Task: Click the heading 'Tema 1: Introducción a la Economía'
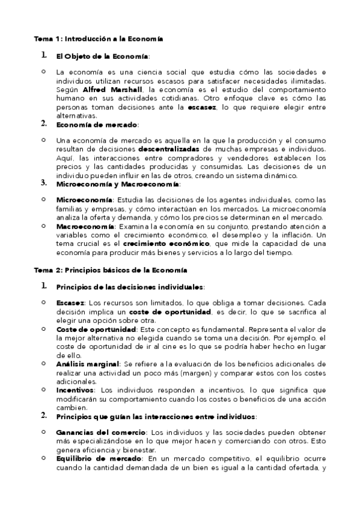(99, 38)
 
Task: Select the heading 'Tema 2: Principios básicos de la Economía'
(110, 270)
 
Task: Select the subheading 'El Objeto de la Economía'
(102, 56)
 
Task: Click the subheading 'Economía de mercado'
(96, 124)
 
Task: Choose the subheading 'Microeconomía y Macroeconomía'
(117, 184)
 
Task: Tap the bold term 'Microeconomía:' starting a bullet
(84, 200)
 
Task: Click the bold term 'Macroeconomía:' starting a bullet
(85, 226)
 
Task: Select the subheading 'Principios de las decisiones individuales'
(129, 287)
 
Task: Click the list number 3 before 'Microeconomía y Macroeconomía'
(43, 182)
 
